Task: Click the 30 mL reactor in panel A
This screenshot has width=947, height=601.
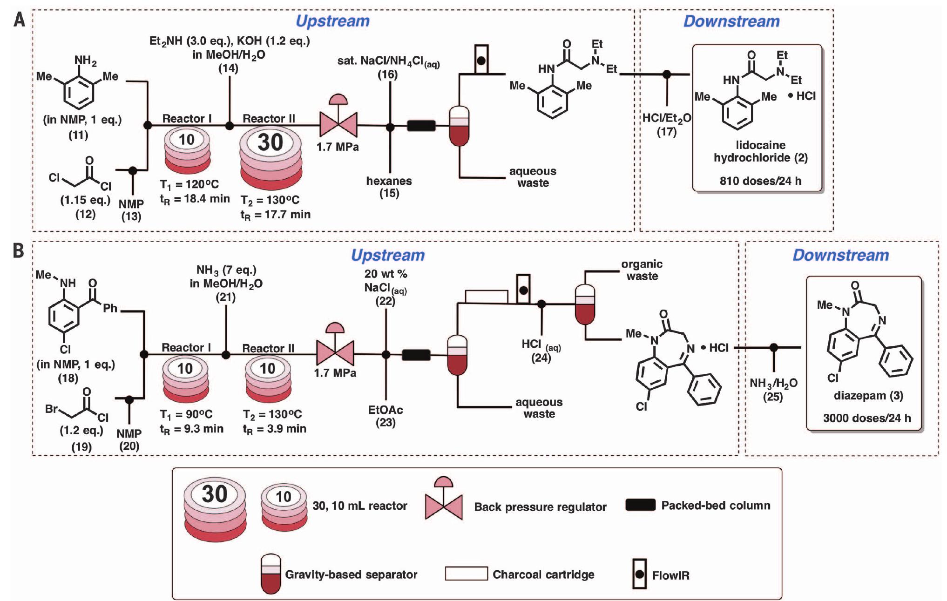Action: click(x=271, y=158)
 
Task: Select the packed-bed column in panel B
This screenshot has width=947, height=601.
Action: click(x=416, y=355)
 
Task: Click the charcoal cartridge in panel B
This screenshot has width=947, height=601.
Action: click(x=486, y=297)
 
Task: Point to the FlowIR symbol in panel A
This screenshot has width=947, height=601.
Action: click(x=481, y=60)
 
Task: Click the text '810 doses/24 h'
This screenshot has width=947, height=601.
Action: click(x=760, y=181)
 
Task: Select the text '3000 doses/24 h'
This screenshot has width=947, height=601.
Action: click(x=866, y=418)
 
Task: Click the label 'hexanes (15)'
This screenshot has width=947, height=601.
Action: click(x=389, y=187)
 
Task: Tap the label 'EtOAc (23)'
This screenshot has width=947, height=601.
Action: click(x=386, y=416)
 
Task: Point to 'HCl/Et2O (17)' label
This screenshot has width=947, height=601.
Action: click(x=666, y=124)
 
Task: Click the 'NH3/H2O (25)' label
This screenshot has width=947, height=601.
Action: click(x=773, y=389)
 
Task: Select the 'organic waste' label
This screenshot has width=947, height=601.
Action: click(x=642, y=270)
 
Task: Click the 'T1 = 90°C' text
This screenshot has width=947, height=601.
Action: click(x=186, y=414)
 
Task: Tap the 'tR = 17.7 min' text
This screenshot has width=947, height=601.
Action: click(x=275, y=215)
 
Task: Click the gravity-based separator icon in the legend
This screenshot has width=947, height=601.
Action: click(x=271, y=573)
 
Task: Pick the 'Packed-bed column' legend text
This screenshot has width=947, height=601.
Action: click(x=715, y=506)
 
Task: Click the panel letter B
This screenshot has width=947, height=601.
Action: click(x=19, y=251)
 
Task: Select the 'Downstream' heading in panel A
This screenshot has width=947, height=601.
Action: click(x=731, y=21)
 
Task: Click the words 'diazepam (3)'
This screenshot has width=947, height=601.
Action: click(x=868, y=396)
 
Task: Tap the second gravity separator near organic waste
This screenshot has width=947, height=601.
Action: click(x=585, y=305)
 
